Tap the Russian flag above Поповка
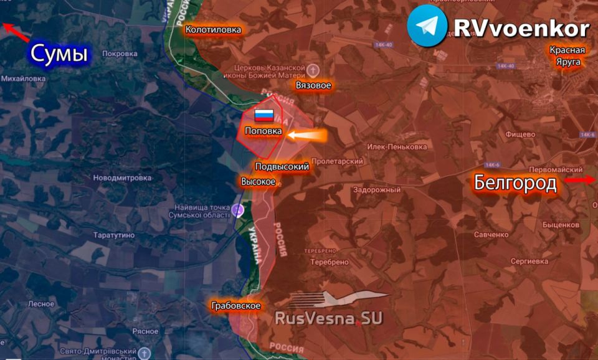[263, 115]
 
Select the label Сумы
[59, 54]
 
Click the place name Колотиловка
[213, 29]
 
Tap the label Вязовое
[313, 85]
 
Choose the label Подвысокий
[282, 166]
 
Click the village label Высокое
[258, 181]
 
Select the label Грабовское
[235, 306]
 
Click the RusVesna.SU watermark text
[328, 318]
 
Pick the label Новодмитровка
[122, 178]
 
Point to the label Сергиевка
[528, 262]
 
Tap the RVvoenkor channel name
[521, 28]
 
